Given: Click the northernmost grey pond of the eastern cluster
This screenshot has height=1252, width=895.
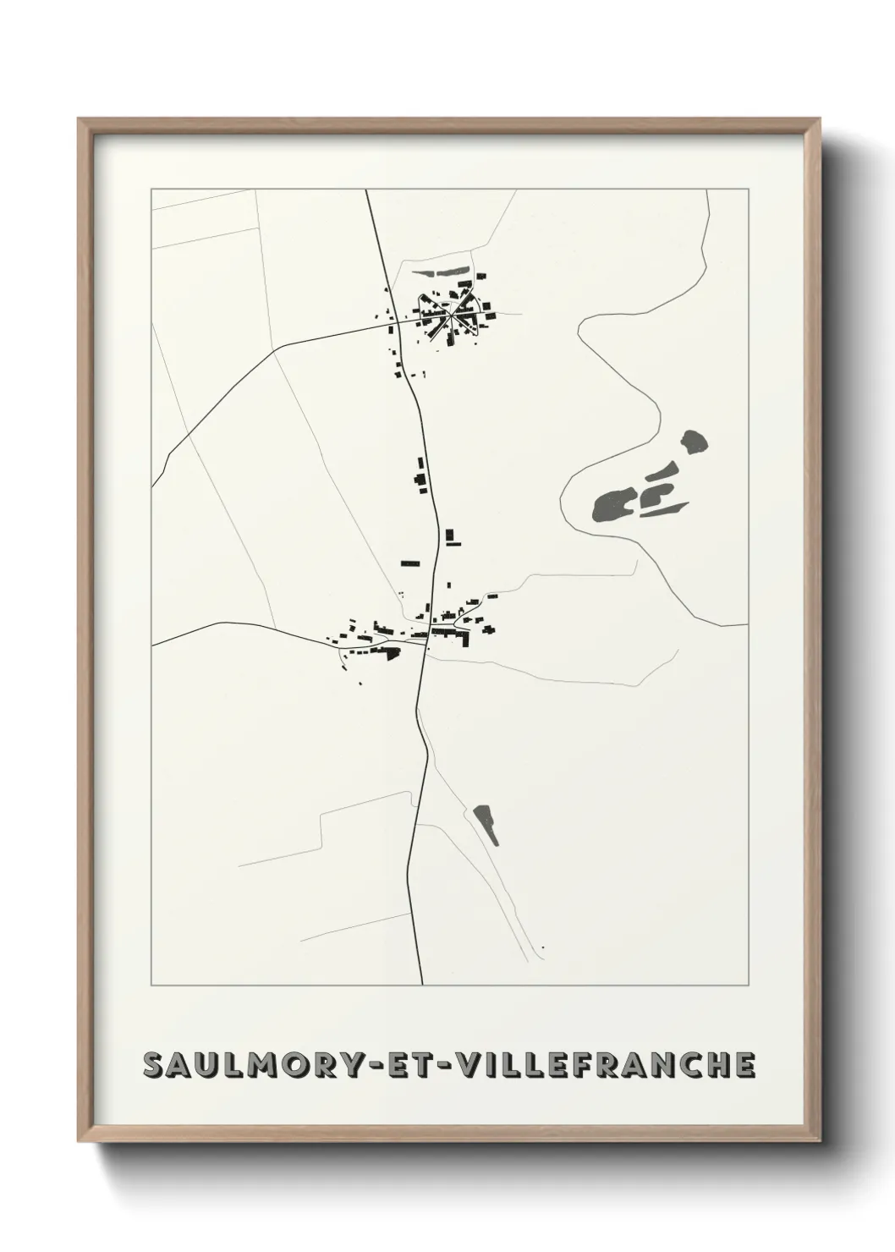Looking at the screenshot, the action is (x=695, y=442).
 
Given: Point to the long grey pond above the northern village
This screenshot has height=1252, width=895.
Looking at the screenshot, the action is (x=442, y=272).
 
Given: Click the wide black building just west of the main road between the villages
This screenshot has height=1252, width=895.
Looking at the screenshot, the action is (x=410, y=562).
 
